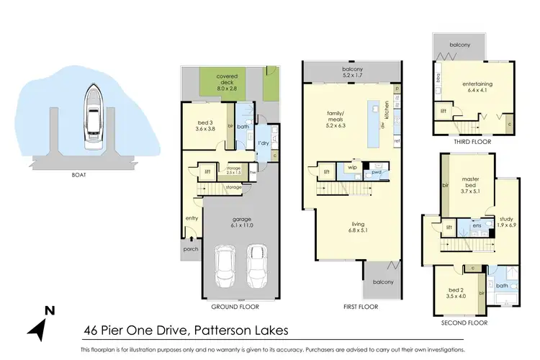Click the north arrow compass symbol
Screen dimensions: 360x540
point(42,325)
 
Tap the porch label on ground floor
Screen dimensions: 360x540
point(191,250)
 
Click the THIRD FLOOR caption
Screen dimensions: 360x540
point(469,142)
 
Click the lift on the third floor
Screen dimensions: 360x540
point(443,110)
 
